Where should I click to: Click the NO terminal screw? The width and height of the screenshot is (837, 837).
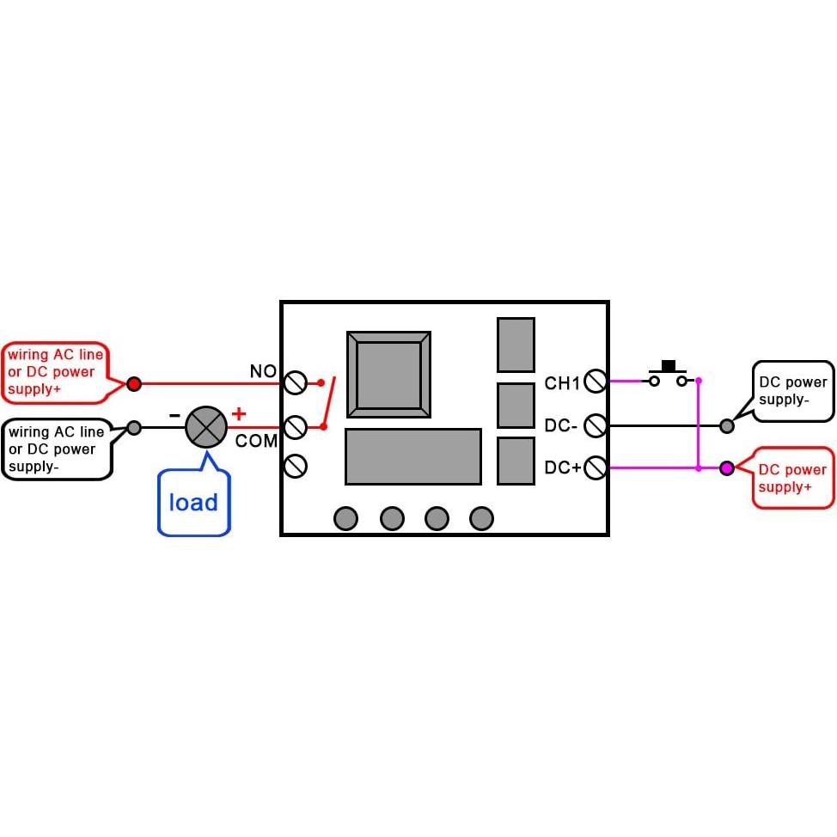coord(295,382)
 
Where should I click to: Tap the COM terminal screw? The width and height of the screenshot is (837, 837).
coord(295,425)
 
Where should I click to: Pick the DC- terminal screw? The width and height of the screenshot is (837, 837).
coord(596,425)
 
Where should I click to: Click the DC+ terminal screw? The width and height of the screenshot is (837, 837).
coord(596,467)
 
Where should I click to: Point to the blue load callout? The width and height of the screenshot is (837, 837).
coord(194,503)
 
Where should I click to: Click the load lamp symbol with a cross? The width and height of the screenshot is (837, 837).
coord(206,426)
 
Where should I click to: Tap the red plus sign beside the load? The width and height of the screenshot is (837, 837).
coord(239,414)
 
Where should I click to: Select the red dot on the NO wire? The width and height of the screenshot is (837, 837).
coord(134,383)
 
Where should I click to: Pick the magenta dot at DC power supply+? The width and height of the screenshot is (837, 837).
coord(727,468)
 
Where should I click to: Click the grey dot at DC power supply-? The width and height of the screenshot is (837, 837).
coord(727,425)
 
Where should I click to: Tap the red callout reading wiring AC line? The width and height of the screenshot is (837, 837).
coord(55,371)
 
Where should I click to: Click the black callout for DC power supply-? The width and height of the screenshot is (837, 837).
coord(792,391)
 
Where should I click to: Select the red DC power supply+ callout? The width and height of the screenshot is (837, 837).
coord(792,478)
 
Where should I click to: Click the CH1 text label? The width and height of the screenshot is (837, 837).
coord(562,383)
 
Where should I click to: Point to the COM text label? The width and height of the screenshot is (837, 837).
coord(256,442)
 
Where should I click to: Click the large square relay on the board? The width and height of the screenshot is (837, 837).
coord(388,375)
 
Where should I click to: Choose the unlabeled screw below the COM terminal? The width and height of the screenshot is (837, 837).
coord(295,466)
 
